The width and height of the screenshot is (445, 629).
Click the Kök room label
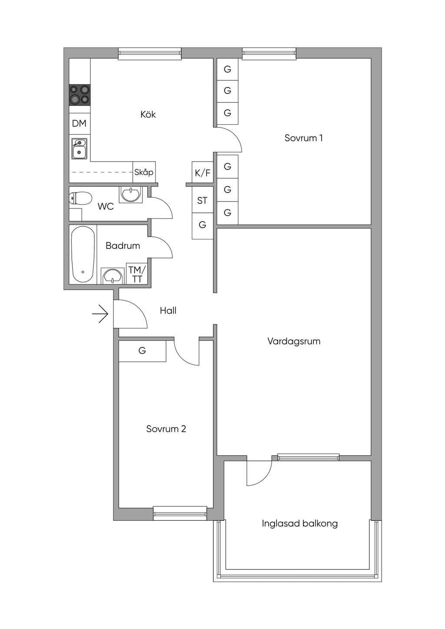148,114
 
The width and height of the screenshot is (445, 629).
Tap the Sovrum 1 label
304,138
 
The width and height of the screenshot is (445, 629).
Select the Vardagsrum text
294,341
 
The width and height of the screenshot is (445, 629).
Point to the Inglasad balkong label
300,524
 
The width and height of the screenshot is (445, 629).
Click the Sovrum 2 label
166,429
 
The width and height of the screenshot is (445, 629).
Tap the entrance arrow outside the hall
100,314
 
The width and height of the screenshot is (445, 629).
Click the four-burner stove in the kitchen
80,95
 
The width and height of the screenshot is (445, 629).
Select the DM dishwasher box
80,123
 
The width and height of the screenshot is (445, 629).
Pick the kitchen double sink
79,149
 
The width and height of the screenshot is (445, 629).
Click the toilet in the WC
80,198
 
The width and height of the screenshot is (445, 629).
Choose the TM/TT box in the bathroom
137,274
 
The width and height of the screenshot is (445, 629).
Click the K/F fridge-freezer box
203,173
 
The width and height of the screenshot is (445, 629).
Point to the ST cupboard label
202,201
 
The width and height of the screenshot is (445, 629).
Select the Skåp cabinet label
144,172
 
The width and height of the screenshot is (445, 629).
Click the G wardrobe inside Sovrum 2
143,351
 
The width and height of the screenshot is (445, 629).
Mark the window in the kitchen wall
150,53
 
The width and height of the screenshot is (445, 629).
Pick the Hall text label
168,311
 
